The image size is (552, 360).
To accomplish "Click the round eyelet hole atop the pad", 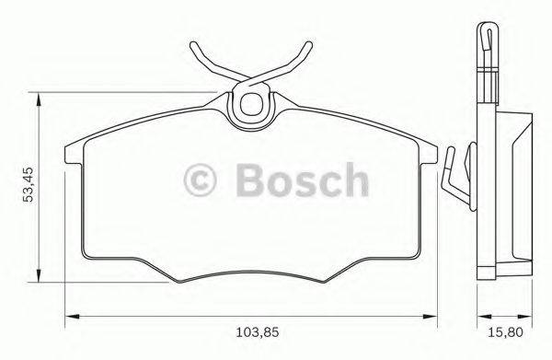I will tap(248, 105).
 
